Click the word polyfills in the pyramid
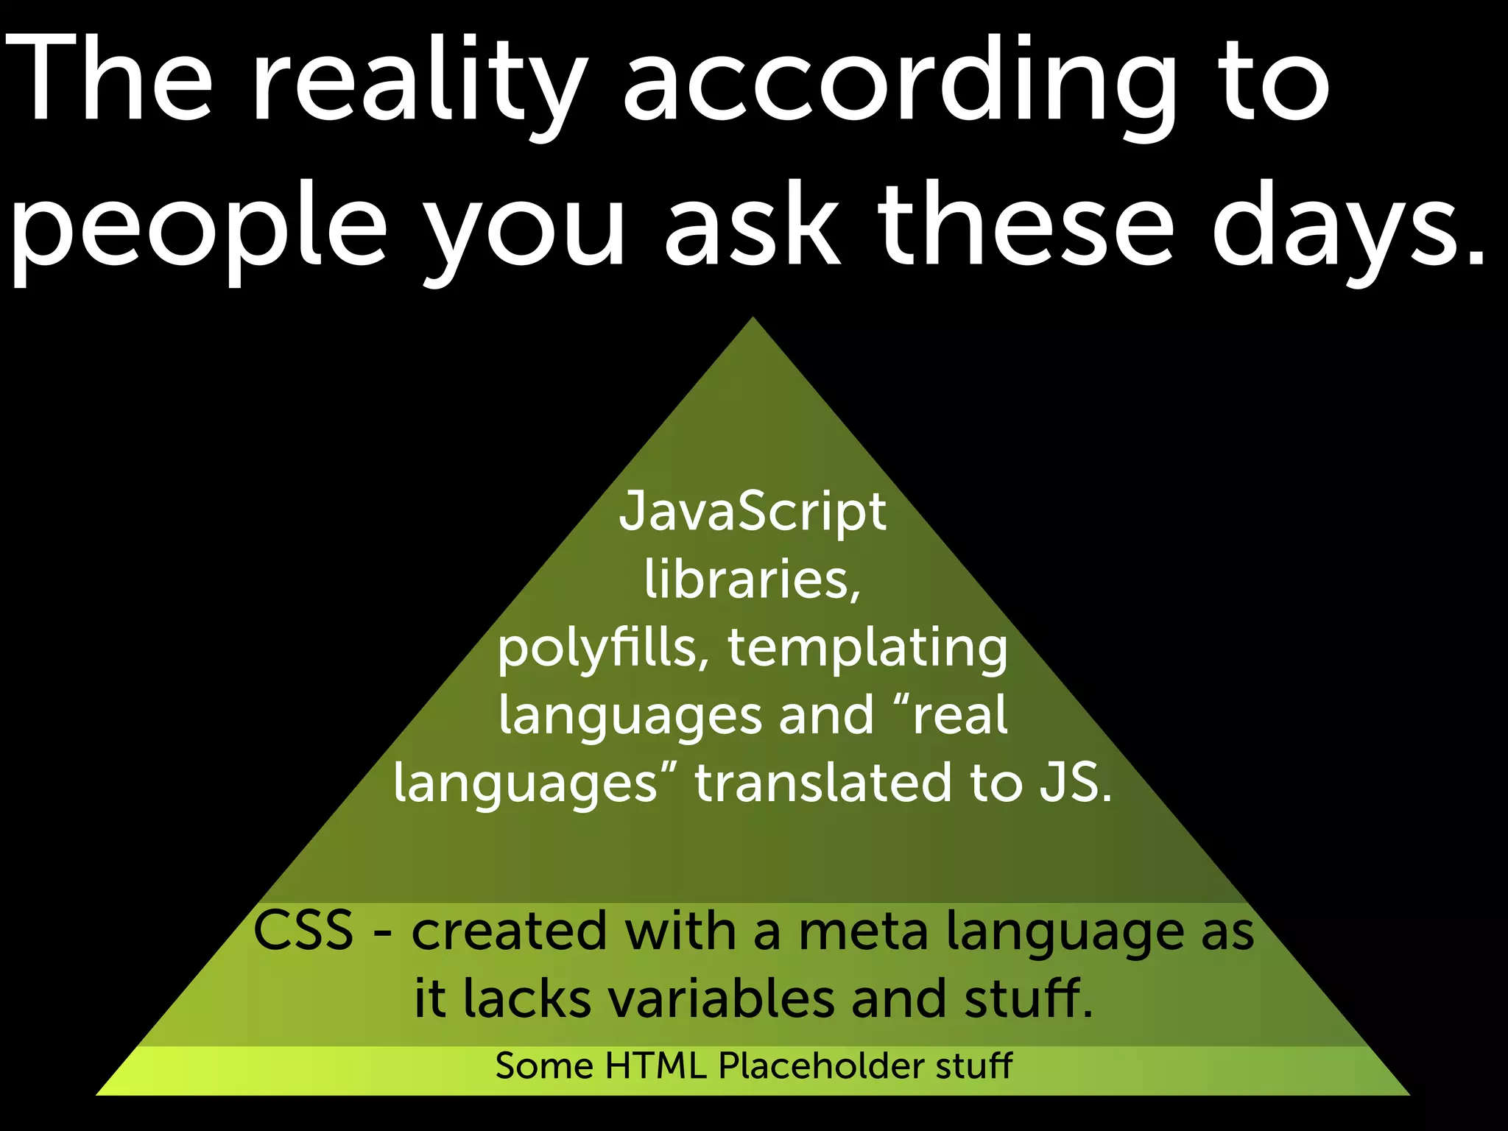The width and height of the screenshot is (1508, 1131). (x=596, y=648)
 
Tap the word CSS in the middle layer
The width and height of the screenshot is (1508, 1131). (x=303, y=931)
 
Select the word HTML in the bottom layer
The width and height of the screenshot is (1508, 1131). (x=655, y=1065)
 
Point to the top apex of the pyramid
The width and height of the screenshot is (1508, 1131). (x=753, y=320)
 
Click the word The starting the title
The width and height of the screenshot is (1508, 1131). (x=110, y=81)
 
